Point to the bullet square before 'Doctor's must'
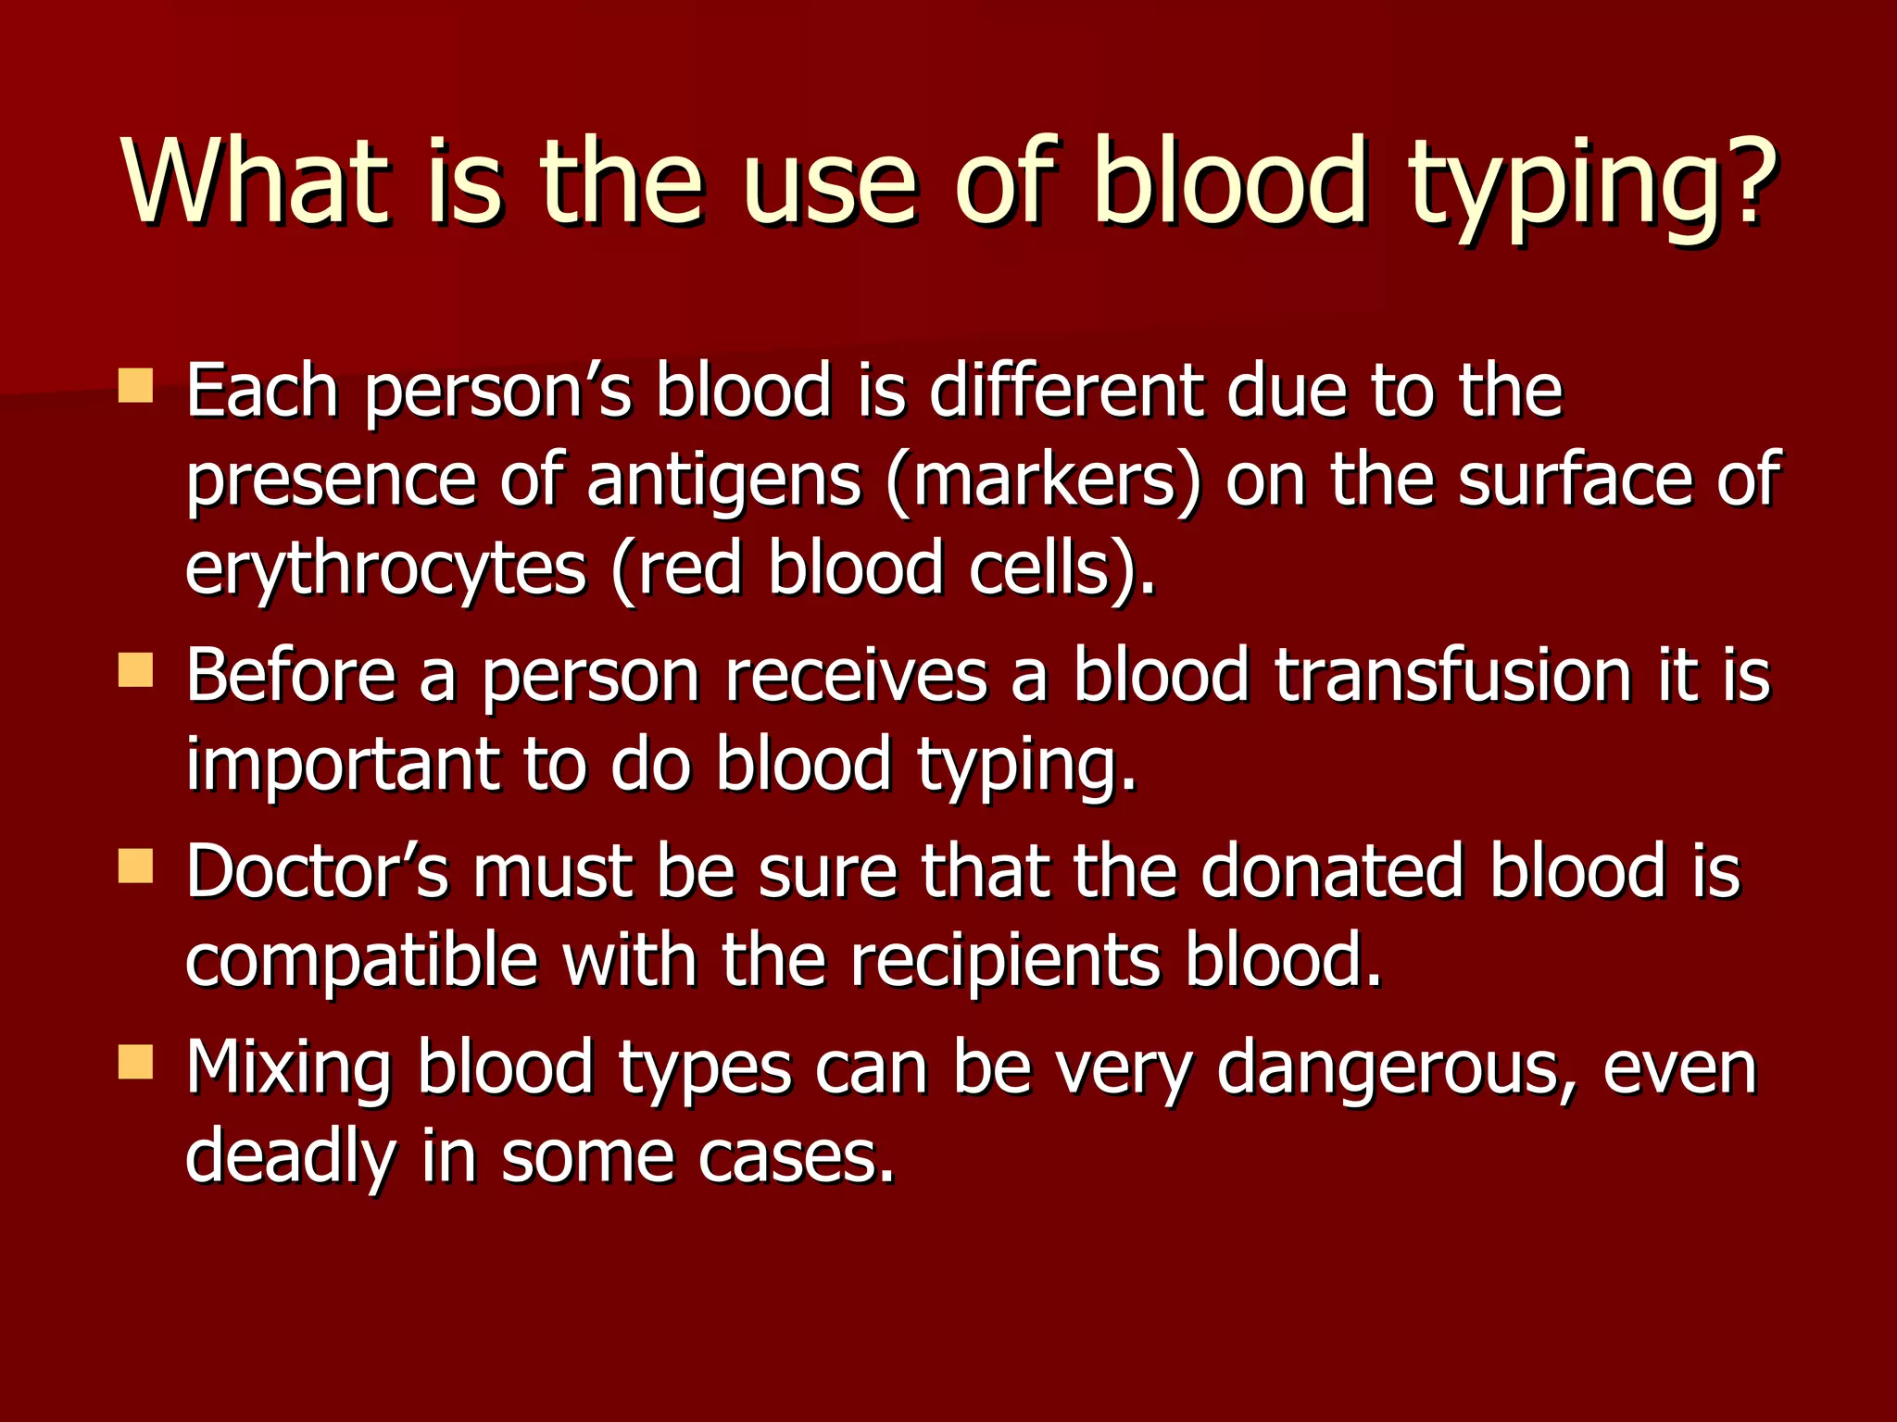coord(136,867)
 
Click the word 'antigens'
coord(723,481)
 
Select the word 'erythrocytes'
coord(385,570)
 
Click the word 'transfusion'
coord(1452,676)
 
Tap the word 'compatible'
coord(362,961)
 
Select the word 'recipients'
coord(1005,961)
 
